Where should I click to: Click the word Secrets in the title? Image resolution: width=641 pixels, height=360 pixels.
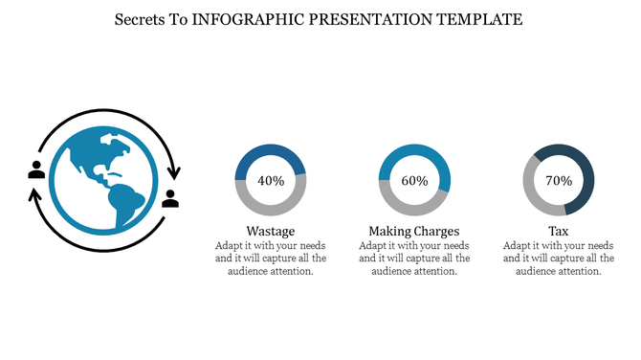139,19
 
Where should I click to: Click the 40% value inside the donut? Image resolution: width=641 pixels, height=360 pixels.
271,180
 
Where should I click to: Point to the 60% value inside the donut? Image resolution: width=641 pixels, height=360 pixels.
414,180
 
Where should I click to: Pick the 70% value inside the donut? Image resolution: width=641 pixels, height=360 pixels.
559,180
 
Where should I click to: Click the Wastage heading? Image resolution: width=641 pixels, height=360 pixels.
271,232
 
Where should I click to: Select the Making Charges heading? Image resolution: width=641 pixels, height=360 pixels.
414,232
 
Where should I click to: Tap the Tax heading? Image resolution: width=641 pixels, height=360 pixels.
559,232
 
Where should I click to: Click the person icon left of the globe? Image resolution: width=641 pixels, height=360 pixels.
36,169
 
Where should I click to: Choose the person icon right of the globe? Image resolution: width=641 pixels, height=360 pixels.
170,198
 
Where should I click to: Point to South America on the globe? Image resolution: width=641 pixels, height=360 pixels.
124,203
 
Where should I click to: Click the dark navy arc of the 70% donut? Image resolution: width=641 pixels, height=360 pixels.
583,172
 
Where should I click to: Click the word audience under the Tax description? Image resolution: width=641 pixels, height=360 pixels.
540,271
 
